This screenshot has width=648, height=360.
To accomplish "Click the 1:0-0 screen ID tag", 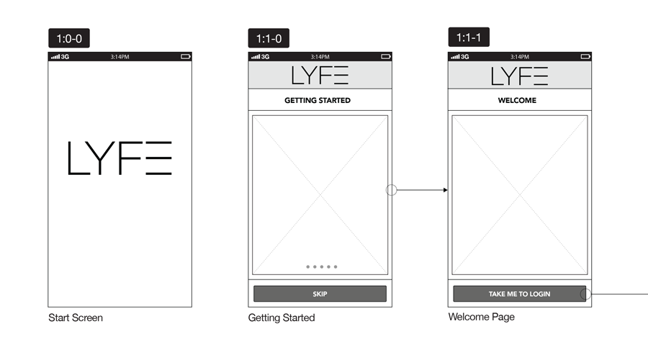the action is [x=69, y=38].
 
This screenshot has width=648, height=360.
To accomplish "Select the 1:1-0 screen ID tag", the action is [x=269, y=38].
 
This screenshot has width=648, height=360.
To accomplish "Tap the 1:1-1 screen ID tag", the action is [x=469, y=37].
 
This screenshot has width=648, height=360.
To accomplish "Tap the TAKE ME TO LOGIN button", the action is [x=519, y=294].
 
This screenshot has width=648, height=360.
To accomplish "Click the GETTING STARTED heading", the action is [x=318, y=100].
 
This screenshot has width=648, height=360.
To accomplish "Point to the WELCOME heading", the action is [x=517, y=100].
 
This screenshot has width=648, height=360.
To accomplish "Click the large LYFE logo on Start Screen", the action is [x=120, y=158].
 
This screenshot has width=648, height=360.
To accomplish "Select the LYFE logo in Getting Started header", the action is [x=320, y=75].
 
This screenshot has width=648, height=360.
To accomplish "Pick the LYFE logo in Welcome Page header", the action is [x=519, y=76].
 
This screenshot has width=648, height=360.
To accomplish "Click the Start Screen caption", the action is [x=76, y=318].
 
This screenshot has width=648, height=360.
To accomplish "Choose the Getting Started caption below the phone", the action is [x=282, y=318].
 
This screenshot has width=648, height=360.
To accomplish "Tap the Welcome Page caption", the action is [x=482, y=317].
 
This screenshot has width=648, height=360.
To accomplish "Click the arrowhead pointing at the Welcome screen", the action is [x=445, y=190].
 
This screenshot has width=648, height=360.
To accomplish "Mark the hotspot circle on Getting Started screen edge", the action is [x=392, y=189].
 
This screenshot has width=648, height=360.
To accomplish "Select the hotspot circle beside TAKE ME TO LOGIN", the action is [x=585, y=294].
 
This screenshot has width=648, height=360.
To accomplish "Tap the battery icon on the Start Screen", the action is [x=186, y=57].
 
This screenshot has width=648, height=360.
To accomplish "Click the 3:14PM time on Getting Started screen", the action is [x=320, y=57].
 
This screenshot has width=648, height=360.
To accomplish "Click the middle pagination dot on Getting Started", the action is [x=322, y=266].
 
